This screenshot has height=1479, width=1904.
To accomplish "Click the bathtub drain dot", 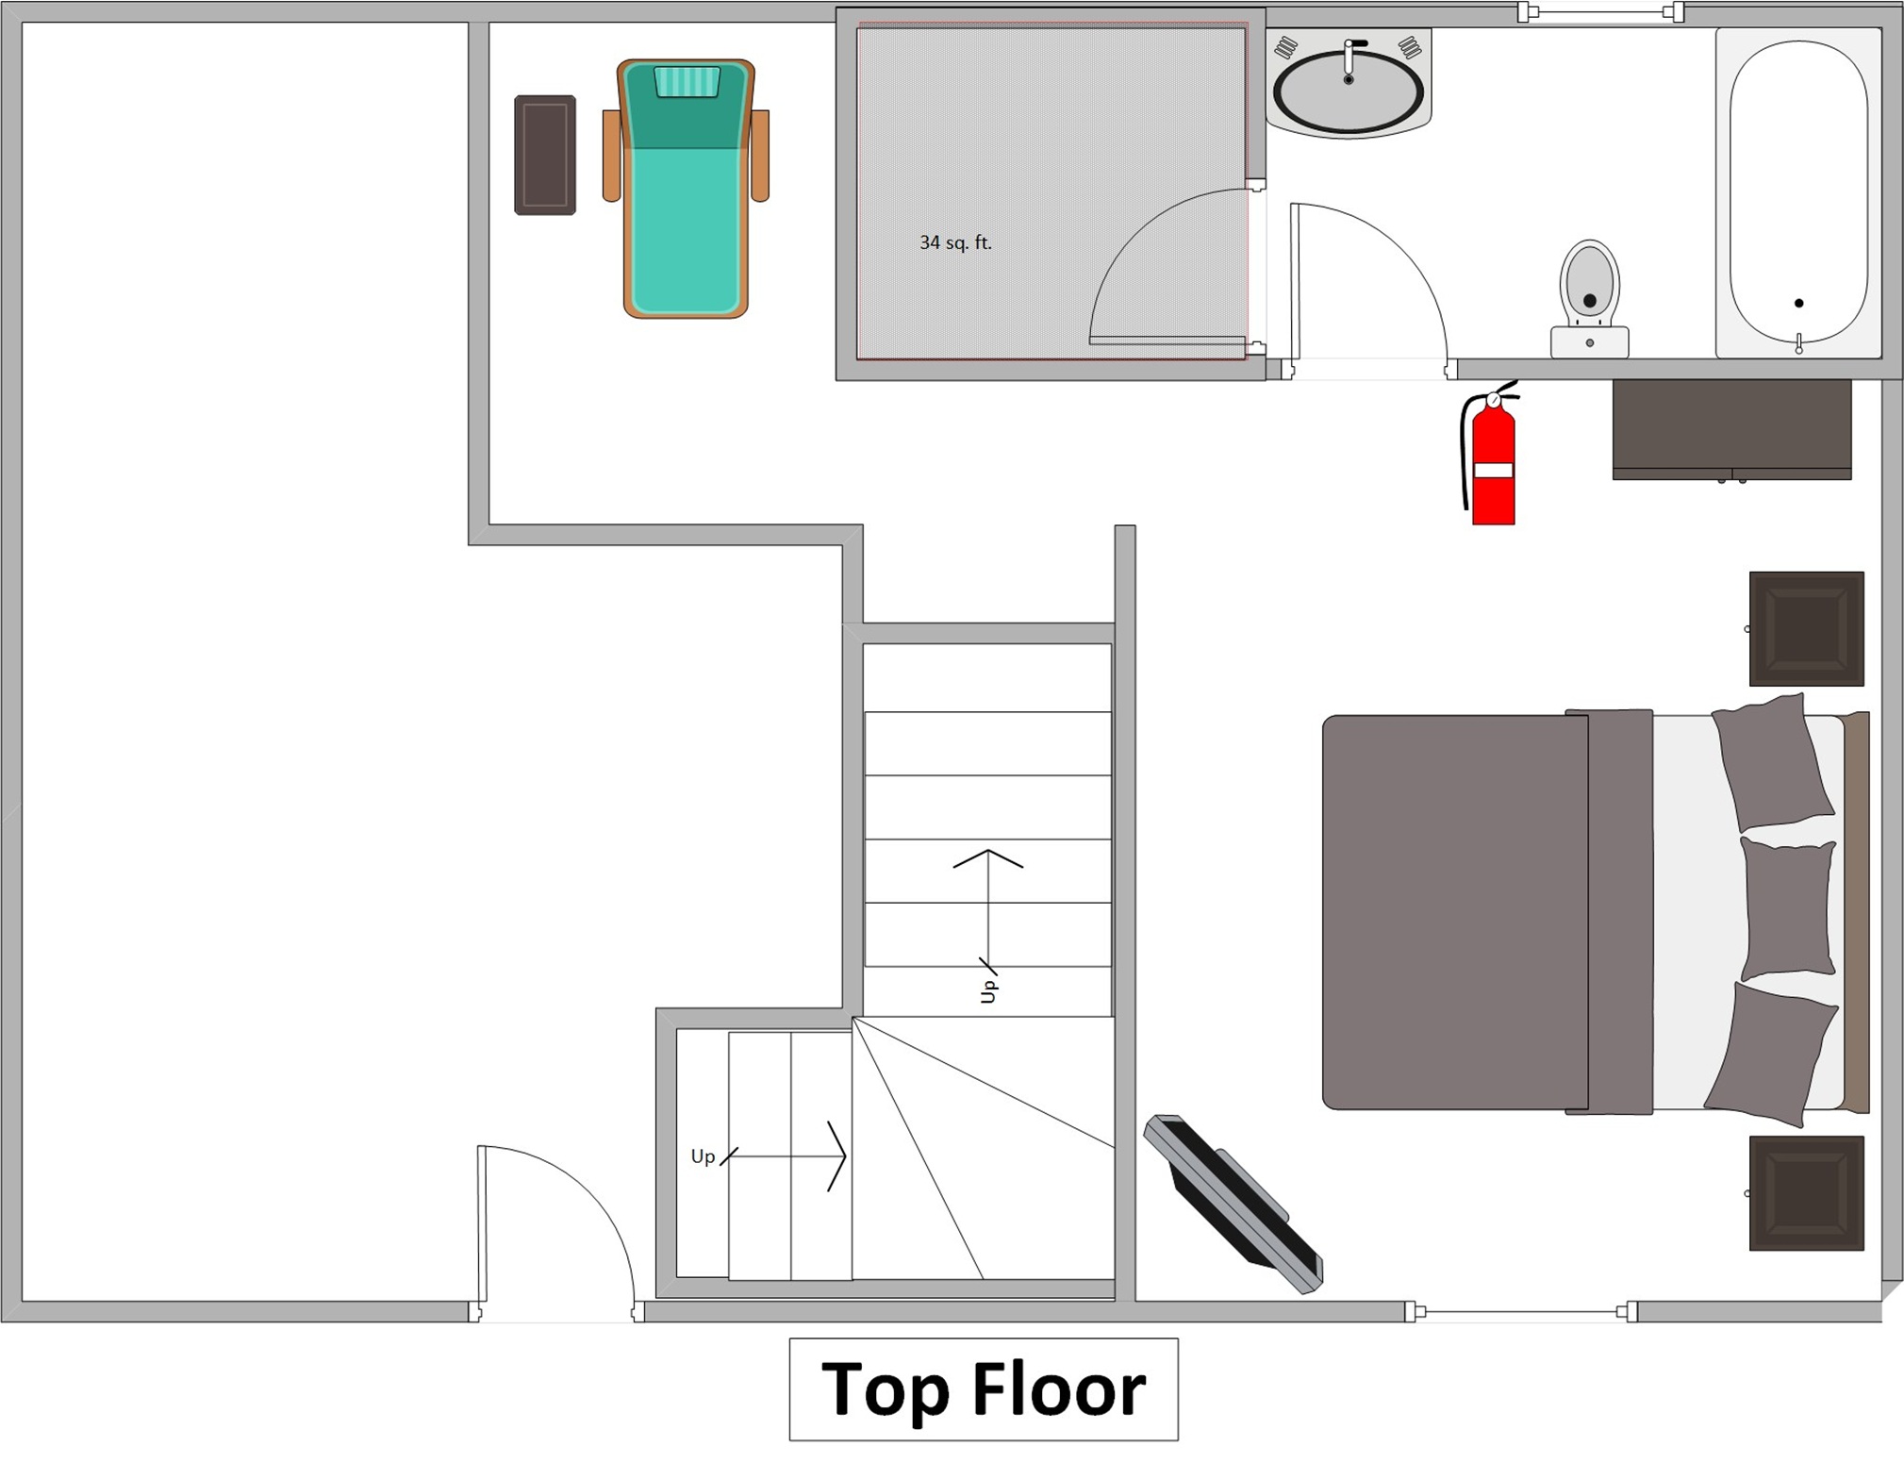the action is (1799, 303).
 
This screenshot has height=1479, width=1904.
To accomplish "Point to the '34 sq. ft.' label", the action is (955, 242).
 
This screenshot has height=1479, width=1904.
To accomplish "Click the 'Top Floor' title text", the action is (984, 1389).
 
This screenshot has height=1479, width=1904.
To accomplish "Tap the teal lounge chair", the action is (686, 189).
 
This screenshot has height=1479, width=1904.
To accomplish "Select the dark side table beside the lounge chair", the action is (545, 155).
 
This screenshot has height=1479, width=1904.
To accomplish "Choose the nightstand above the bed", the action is (1806, 628).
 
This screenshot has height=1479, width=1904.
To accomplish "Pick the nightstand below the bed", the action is (1806, 1193).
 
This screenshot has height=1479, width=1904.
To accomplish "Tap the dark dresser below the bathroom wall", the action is (1731, 430).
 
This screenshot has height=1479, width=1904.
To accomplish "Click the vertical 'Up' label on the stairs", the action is (987, 991).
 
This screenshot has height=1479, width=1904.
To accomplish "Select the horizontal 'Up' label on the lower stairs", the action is (703, 1156).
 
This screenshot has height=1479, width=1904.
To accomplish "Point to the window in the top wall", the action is (1600, 13).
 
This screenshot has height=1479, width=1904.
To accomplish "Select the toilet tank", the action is (1589, 341).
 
